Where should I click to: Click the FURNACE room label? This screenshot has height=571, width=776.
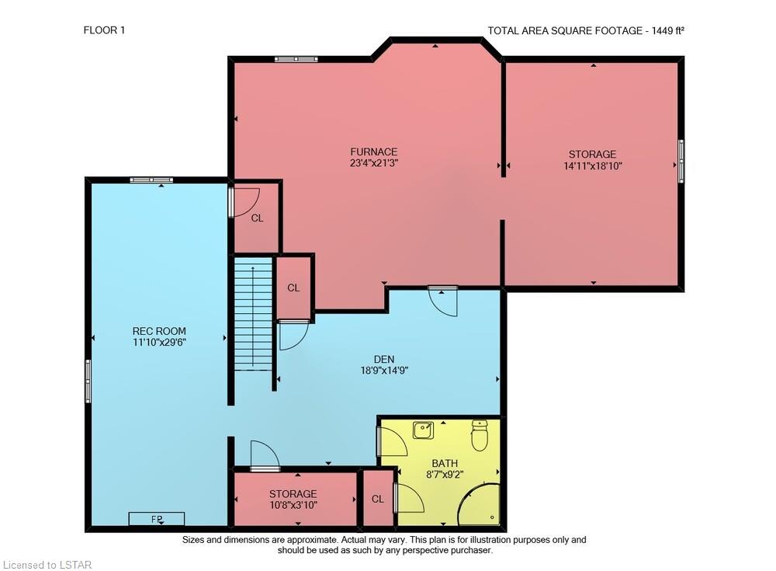(x=374, y=151)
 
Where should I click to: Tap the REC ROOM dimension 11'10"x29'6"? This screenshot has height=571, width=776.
(x=159, y=342)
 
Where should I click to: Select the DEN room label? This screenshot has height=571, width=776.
(x=384, y=359)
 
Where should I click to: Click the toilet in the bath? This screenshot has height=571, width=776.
(x=480, y=435)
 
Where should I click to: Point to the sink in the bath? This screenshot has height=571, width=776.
(x=424, y=430)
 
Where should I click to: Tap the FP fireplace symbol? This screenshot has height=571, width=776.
(x=157, y=519)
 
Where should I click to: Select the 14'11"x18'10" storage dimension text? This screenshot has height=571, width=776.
(x=592, y=166)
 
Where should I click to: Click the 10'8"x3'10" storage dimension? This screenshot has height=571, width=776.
(x=293, y=505)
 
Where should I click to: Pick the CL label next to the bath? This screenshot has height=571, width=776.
(x=378, y=499)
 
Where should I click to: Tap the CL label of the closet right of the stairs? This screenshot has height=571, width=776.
(x=293, y=287)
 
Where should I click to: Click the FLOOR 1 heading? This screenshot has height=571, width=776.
(x=104, y=30)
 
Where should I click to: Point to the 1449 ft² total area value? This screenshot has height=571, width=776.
(x=667, y=30)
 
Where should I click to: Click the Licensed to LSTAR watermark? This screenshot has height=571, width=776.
(x=47, y=565)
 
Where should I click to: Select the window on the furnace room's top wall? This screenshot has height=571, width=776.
(x=296, y=60)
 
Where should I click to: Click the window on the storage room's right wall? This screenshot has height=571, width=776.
(x=681, y=161)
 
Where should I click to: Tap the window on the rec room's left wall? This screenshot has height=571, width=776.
(x=88, y=381)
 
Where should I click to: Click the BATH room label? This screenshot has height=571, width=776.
(x=445, y=463)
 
